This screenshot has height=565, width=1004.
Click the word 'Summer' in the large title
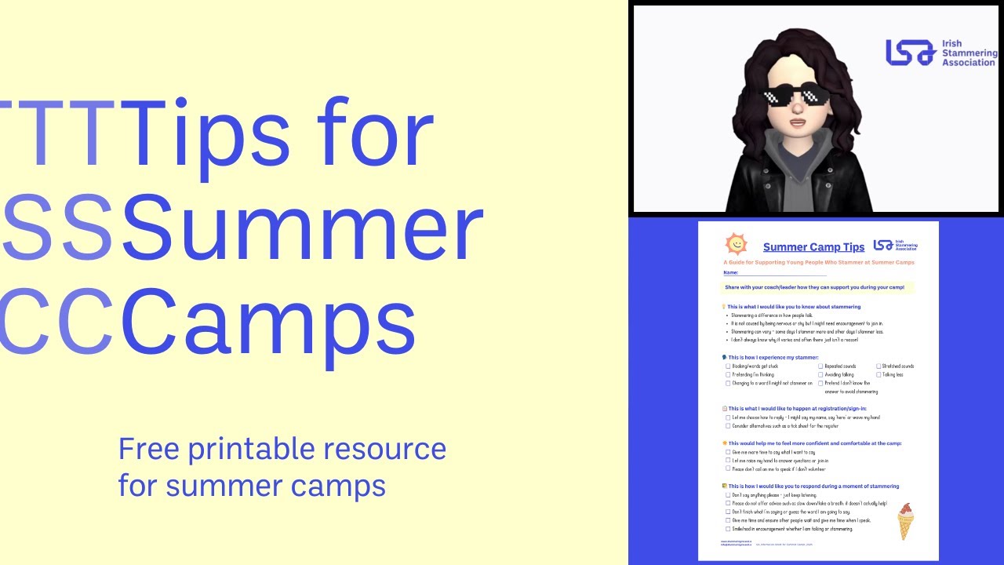(302, 228)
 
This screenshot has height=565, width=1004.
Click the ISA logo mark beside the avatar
(911, 53)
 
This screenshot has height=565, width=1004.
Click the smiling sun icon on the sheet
(736, 244)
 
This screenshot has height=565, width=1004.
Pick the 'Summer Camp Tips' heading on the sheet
(813, 248)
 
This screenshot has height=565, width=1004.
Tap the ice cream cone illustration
(906, 520)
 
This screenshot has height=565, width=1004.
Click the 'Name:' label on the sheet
(731, 272)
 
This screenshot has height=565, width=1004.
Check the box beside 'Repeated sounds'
(820, 366)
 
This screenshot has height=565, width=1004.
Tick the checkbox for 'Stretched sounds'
(878, 366)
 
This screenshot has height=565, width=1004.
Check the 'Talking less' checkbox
(878, 375)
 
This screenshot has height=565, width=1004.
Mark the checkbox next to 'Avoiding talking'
(820, 375)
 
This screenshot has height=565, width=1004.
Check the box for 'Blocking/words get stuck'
(728, 366)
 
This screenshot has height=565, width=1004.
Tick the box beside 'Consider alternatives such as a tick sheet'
(728, 426)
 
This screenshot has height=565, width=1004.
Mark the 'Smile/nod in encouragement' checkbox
(728, 529)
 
